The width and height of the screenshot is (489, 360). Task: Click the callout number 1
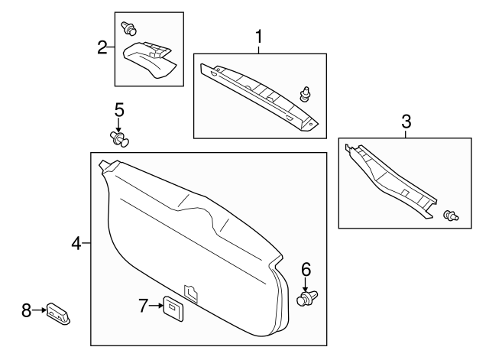259,36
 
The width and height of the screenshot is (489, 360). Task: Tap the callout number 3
406,121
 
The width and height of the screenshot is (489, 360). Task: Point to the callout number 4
76,244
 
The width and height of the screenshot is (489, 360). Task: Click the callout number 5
119,110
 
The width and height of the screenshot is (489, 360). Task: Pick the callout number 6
306,268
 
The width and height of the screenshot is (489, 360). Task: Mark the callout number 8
27,310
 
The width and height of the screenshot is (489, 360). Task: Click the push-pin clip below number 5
120,138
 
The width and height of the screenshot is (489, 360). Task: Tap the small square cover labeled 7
171,306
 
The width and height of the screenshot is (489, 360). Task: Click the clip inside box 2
129,29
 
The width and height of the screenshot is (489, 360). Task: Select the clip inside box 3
452,216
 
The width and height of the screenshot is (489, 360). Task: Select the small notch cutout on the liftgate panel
191,291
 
